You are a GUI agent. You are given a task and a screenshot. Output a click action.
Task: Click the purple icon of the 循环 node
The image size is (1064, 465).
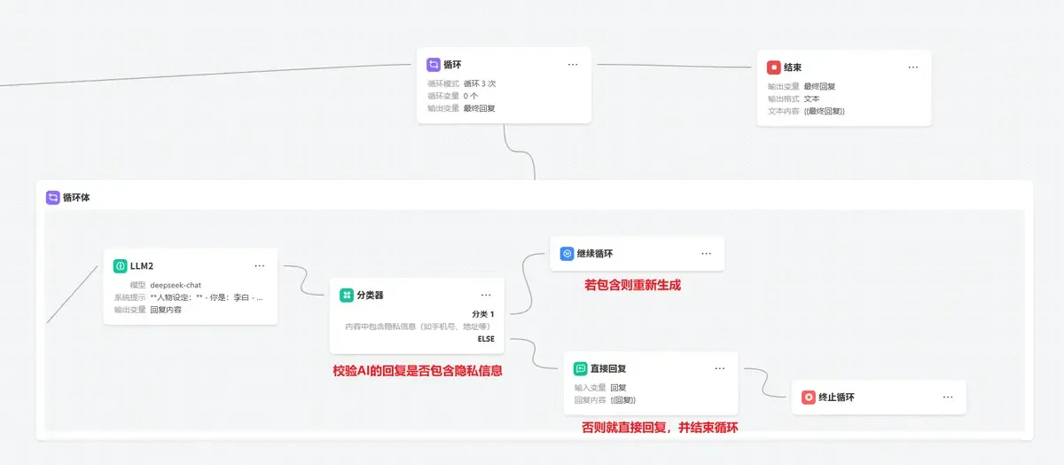[433, 65]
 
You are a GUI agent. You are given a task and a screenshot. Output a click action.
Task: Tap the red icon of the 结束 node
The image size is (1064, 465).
[773, 67]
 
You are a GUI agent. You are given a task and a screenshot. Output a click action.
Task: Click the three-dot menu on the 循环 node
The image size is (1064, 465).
[573, 65]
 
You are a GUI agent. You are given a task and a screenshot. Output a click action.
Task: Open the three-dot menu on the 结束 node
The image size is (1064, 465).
[913, 67]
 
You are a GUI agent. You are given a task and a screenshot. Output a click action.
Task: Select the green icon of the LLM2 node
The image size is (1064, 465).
[120, 265]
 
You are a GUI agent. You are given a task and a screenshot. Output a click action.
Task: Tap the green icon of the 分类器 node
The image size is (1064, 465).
[347, 295]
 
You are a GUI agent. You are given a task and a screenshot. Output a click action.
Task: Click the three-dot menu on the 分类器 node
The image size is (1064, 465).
[486, 295]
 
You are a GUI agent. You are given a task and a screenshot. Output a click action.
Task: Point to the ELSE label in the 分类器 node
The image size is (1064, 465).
[486, 338]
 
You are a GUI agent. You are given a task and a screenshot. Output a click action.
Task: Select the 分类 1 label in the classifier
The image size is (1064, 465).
[483, 314]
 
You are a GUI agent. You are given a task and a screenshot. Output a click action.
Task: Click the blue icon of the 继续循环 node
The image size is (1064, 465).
[567, 254]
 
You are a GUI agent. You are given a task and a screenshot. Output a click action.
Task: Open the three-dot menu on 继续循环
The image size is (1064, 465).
[706, 254]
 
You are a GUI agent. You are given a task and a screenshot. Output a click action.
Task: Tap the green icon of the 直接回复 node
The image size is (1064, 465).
[580, 368]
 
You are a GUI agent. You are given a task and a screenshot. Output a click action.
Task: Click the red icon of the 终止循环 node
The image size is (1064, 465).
[808, 398]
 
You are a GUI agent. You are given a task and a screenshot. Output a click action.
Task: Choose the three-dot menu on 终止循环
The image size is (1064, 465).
[948, 398]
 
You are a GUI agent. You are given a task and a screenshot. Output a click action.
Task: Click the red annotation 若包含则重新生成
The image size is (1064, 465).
[632, 286]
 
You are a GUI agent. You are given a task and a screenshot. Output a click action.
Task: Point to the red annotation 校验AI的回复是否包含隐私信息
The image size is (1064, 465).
[417, 371]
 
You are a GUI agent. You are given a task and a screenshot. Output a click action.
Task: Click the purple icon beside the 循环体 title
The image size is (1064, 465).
[52, 198]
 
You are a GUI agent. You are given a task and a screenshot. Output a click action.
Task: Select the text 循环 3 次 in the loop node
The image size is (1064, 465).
[479, 83]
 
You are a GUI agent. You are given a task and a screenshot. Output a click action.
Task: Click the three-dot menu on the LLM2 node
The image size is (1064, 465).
[259, 265]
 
